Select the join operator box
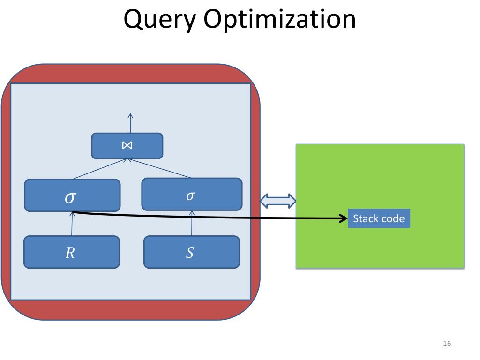pos(127,146)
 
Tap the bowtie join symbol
pos(127,145)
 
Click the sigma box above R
pos(72,195)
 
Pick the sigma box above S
pos(192,194)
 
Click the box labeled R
pos(72,252)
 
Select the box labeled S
pos(192,252)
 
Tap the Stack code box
pos(379,218)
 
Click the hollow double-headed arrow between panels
pos(278,201)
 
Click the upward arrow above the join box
pos(130,123)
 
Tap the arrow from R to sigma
pos(72,224)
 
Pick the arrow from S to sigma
pos(192,223)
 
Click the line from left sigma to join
pos(99,169)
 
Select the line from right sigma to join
pos(159,168)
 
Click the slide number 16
pos(447,344)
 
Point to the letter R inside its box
pos(70,253)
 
